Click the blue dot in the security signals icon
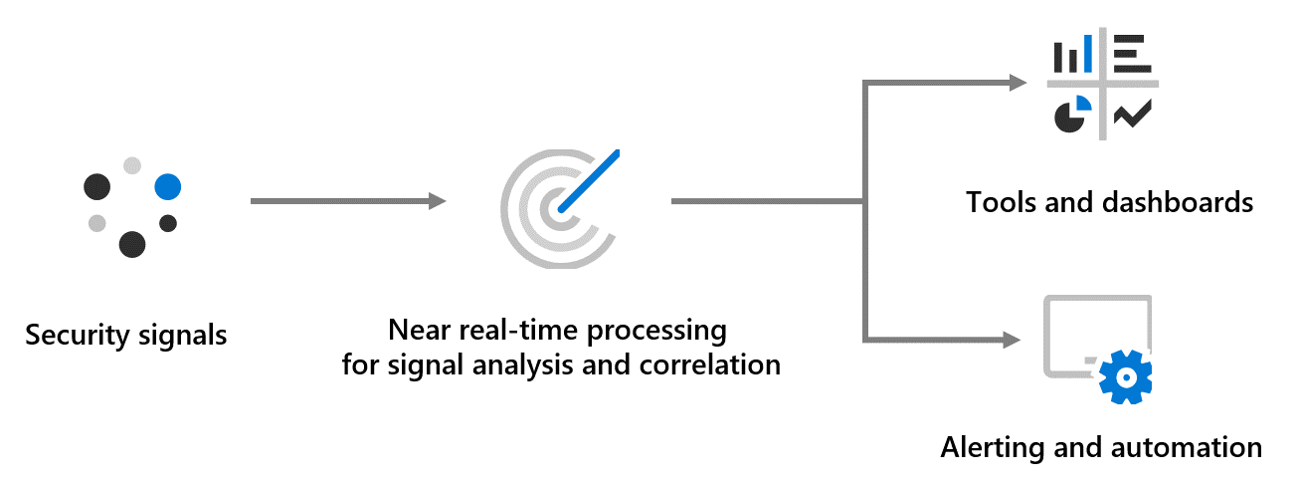click(167, 186)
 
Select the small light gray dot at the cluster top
click(132, 165)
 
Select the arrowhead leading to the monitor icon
click(1015, 341)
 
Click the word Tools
click(997, 202)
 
